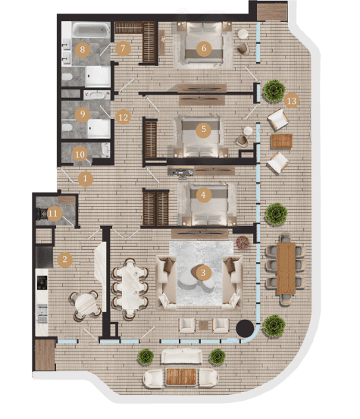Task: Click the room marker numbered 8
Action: click(x=83, y=49)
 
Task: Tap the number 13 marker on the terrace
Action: click(x=291, y=101)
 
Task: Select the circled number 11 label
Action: click(x=53, y=213)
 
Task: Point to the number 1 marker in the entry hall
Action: click(x=86, y=178)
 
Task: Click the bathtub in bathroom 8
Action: click(x=91, y=30)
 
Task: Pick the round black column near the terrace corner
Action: click(x=245, y=328)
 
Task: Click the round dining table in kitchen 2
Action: click(x=86, y=305)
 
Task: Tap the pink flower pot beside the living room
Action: click(x=243, y=242)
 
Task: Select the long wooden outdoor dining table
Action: click(x=286, y=268)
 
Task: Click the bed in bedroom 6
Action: click(x=204, y=43)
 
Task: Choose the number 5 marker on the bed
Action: click(x=203, y=129)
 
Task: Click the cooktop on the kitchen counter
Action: click(x=42, y=283)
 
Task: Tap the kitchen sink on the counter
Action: click(x=42, y=313)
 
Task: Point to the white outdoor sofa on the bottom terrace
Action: click(x=181, y=356)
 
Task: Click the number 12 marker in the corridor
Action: click(x=124, y=117)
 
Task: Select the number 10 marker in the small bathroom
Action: click(x=80, y=154)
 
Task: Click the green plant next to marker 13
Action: click(x=274, y=91)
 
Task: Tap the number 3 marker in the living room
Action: click(x=203, y=273)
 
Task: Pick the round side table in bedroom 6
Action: click(x=243, y=34)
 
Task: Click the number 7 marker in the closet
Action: click(x=123, y=48)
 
